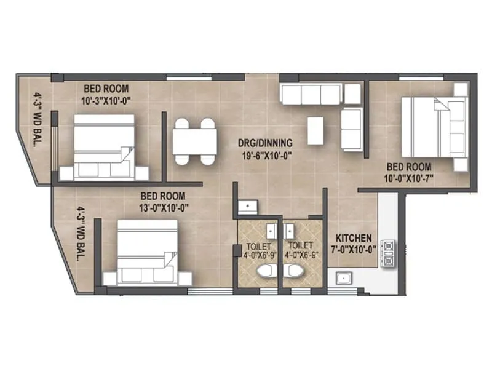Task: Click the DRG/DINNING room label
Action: tap(265, 143)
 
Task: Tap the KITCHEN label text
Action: tap(353, 237)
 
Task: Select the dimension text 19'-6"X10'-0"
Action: tap(265, 155)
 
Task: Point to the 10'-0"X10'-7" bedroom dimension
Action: tap(409, 178)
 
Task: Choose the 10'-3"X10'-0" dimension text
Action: tap(106, 98)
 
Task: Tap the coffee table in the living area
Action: tap(315, 130)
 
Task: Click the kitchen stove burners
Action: tap(389, 253)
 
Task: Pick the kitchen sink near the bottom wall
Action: tap(343, 277)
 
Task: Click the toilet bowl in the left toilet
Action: tap(266, 271)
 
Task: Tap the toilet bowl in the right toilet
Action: tap(294, 271)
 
